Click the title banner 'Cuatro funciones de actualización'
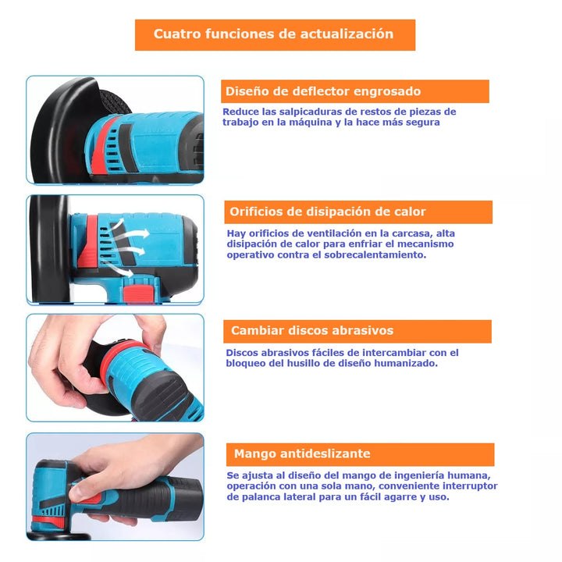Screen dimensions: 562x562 (275, 34)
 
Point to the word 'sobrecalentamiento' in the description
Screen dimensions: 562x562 (376, 254)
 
